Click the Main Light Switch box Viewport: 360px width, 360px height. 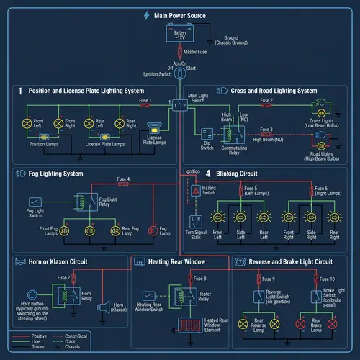pyautogui.click(x=175, y=105)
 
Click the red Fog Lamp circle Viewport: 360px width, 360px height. pyautogui.click(x=152, y=230)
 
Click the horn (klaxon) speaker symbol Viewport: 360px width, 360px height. pyautogui.click(x=102, y=307)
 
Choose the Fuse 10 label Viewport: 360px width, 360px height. pyautogui.click(x=327, y=279)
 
